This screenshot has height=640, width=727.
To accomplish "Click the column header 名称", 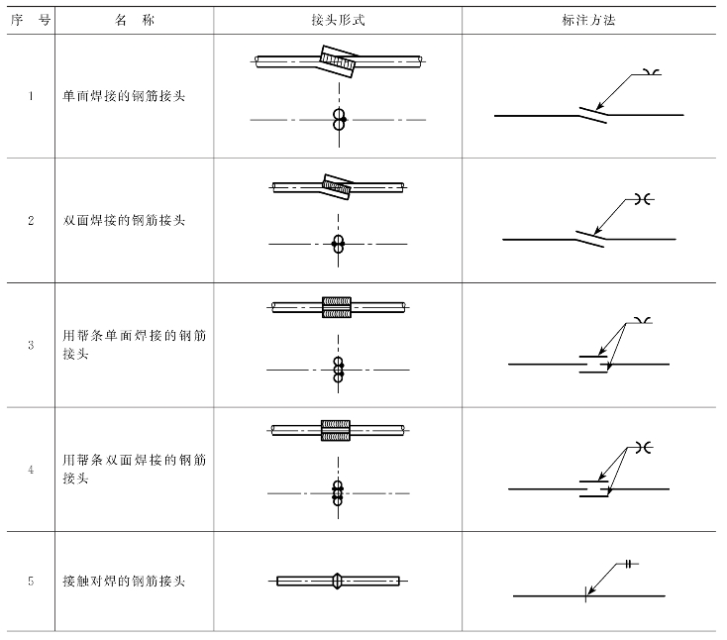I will point(130,20).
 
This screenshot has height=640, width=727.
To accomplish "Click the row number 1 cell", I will point(31,96).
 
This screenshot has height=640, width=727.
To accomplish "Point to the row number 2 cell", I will point(31,220).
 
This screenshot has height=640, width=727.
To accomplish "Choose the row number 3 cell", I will point(31,345).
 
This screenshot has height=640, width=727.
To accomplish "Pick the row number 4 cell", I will point(31,469).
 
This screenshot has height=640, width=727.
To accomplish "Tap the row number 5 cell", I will point(31,581).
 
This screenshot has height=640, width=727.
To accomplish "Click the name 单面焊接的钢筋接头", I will point(124,96).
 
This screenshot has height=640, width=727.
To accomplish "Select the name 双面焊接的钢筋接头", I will point(124,220).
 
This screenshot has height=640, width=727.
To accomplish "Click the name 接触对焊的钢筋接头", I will point(124,581).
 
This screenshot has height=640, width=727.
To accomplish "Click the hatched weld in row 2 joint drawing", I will point(338,184).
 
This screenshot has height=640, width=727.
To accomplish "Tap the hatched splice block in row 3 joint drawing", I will point(338,308).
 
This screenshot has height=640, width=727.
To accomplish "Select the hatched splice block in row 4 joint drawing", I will point(338,430).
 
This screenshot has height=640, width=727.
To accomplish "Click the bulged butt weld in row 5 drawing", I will point(338,580).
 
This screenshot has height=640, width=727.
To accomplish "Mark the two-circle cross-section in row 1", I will point(339,120).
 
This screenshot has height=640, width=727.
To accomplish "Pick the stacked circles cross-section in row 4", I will point(338,492).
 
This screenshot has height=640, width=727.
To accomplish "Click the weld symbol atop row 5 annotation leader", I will point(629,564).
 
